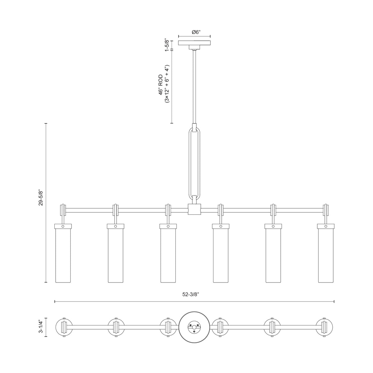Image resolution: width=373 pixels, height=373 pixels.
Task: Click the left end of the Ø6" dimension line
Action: (x=178, y=36)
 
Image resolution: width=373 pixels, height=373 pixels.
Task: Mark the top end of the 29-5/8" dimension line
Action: (x=46, y=123)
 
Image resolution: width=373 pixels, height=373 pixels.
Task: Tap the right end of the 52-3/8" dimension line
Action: (x=334, y=302)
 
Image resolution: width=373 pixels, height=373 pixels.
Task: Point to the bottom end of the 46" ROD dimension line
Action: (x=172, y=123)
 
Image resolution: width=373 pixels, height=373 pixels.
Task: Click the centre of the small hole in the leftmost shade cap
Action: (x=63, y=226)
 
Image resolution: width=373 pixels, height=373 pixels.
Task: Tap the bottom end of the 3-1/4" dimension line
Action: (x=46, y=337)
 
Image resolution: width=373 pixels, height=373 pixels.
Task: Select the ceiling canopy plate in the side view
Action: (x=194, y=43)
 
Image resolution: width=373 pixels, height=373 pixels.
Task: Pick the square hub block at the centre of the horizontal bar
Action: (x=194, y=209)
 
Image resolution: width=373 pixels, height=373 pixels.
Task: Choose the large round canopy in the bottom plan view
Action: (x=194, y=327)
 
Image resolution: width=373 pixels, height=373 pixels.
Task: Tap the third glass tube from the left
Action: (x=168, y=256)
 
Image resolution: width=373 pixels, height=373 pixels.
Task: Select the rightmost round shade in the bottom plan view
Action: (x=324, y=327)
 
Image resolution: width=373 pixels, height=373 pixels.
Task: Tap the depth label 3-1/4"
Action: (x=41, y=327)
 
